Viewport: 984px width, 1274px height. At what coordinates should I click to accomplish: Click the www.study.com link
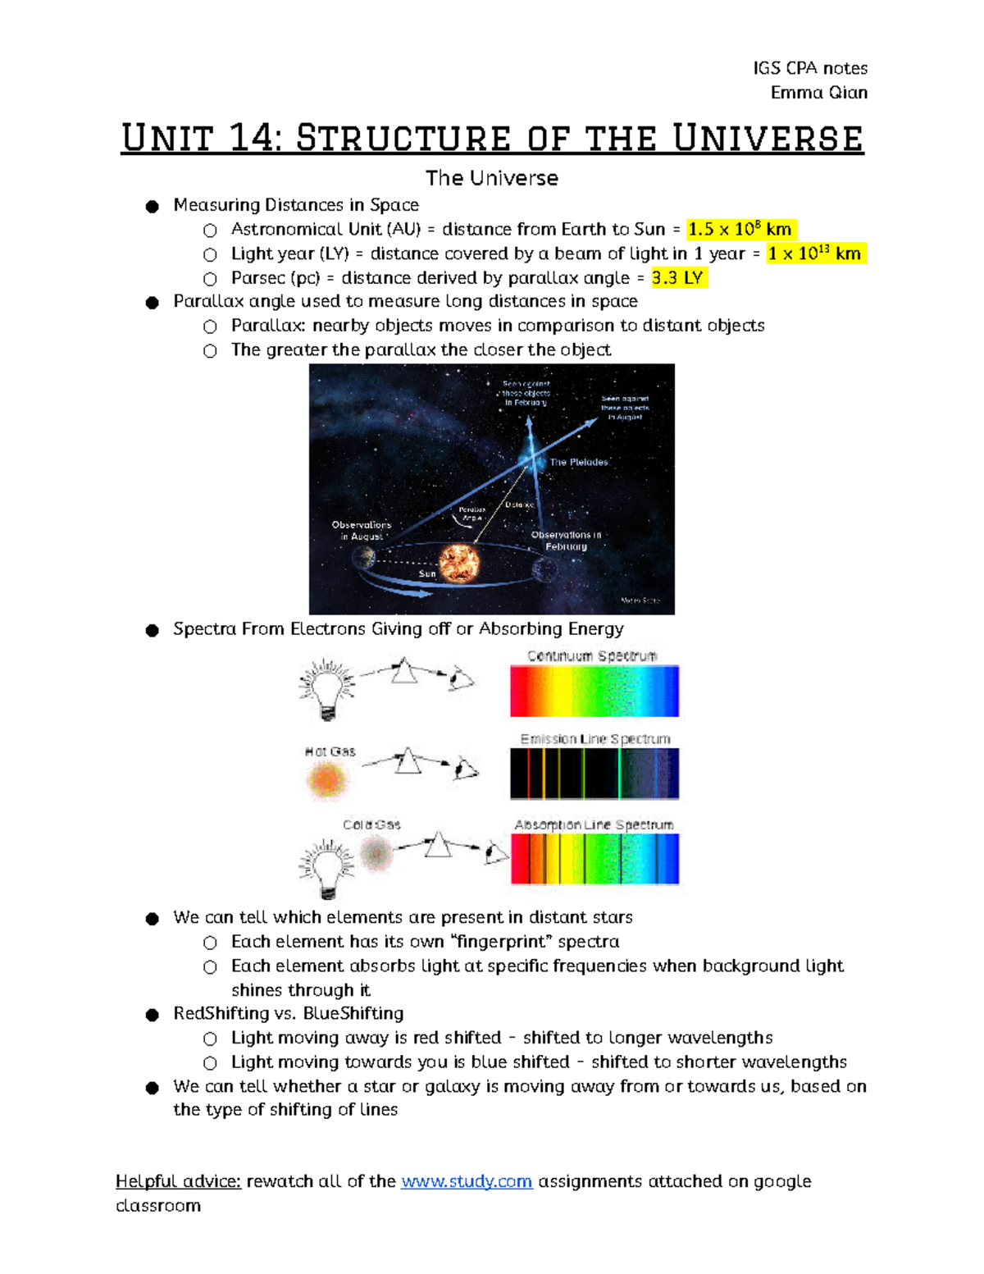(x=466, y=1181)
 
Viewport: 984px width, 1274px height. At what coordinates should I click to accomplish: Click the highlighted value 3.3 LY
(x=678, y=278)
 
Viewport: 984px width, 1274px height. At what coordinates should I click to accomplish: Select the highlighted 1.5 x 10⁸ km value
(x=740, y=230)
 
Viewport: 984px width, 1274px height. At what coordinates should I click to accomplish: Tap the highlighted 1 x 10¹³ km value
(x=814, y=253)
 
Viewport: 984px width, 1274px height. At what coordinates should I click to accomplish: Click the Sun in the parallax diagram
(x=459, y=564)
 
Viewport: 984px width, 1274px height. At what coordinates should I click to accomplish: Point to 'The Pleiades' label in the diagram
(x=578, y=463)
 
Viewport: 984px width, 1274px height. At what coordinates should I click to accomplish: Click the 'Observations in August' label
(x=361, y=530)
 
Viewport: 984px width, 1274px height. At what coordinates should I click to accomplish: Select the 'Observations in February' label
(x=566, y=540)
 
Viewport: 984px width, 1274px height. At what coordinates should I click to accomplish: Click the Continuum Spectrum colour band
(x=594, y=692)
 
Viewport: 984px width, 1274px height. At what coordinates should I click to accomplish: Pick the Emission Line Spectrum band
(x=594, y=774)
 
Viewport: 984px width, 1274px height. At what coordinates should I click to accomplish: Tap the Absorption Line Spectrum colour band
(x=594, y=859)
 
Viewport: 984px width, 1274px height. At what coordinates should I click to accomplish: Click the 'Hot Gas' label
(x=330, y=751)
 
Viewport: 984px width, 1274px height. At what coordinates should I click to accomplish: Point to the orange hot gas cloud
(x=326, y=779)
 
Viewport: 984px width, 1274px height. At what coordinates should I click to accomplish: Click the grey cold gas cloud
(x=377, y=854)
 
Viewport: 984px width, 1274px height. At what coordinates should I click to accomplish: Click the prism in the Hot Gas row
(x=408, y=762)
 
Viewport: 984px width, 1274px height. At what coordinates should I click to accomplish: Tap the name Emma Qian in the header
(x=818, y=93)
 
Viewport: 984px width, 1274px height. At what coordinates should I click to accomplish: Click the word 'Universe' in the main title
(x=768, y=138)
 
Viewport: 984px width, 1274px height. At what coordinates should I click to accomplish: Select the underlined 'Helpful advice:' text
(x=178, y=1181)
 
